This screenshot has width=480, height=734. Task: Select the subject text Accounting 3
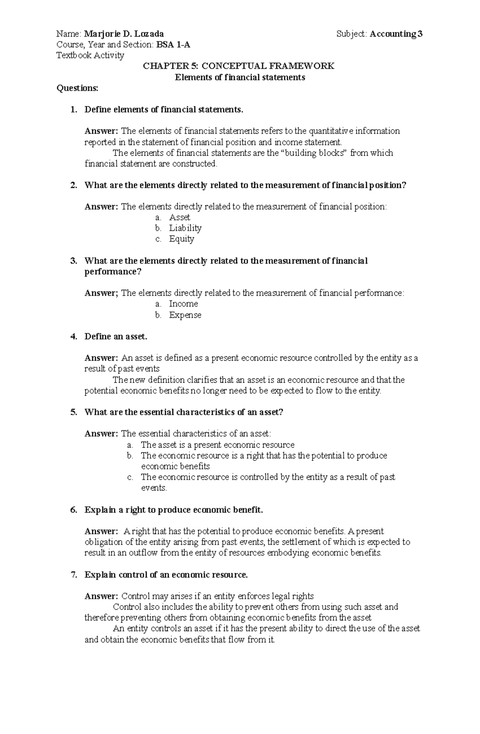396,34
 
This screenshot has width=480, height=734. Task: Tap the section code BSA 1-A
173,45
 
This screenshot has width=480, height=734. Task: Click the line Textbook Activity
90,55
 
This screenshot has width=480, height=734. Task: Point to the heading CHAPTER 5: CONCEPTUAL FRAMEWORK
239,66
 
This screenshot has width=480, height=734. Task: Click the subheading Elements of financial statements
240,77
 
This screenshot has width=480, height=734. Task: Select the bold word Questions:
78,88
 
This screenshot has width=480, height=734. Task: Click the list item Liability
185,228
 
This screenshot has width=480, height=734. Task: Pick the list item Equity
182,239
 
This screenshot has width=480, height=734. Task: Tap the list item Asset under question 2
180,217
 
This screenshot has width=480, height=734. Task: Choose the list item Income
183,304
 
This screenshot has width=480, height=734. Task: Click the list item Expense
185,315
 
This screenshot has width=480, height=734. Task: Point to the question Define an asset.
116,336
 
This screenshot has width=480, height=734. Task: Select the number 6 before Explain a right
73,510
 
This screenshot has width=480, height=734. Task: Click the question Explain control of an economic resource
166,575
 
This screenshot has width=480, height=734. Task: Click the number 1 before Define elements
73,110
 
